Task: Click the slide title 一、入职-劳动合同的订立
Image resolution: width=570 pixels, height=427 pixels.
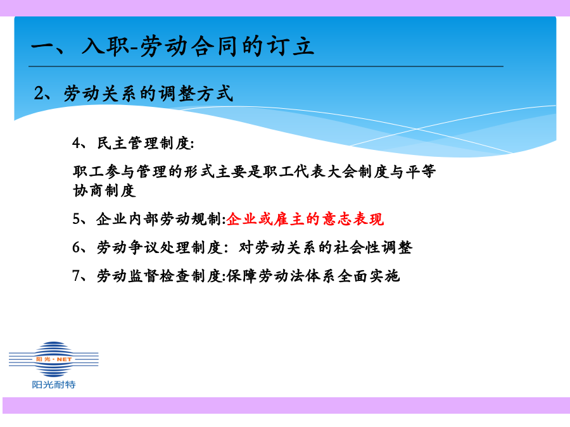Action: point(173,46)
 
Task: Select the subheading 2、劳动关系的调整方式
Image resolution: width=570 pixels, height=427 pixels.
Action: point(133,94)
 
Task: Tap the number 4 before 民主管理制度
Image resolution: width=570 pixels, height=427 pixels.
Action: point(77,143)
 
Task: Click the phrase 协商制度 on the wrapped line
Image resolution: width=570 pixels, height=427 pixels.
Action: point(104,190)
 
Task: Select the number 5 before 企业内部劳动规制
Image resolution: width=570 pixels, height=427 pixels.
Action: point(77,219)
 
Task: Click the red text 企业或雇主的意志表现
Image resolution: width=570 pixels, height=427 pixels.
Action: point(305,219)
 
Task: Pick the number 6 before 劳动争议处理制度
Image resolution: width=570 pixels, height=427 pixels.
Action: point(77,247)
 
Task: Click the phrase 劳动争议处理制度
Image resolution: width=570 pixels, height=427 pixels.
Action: point(159,247)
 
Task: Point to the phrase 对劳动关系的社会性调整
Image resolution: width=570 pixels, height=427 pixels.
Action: point(326,247)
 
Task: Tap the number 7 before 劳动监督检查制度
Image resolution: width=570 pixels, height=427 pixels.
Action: point(77,276)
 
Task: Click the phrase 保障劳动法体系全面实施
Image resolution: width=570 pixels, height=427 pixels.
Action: point(313,276)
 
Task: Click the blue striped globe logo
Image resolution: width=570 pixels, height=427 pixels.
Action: point(54,359)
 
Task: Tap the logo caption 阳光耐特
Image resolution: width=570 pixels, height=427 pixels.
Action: point(54,385)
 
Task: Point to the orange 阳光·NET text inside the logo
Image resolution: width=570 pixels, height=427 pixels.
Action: point(54,359)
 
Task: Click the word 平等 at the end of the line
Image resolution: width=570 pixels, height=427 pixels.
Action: point(421,171)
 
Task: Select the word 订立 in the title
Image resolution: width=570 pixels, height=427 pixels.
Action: point(291,46)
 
